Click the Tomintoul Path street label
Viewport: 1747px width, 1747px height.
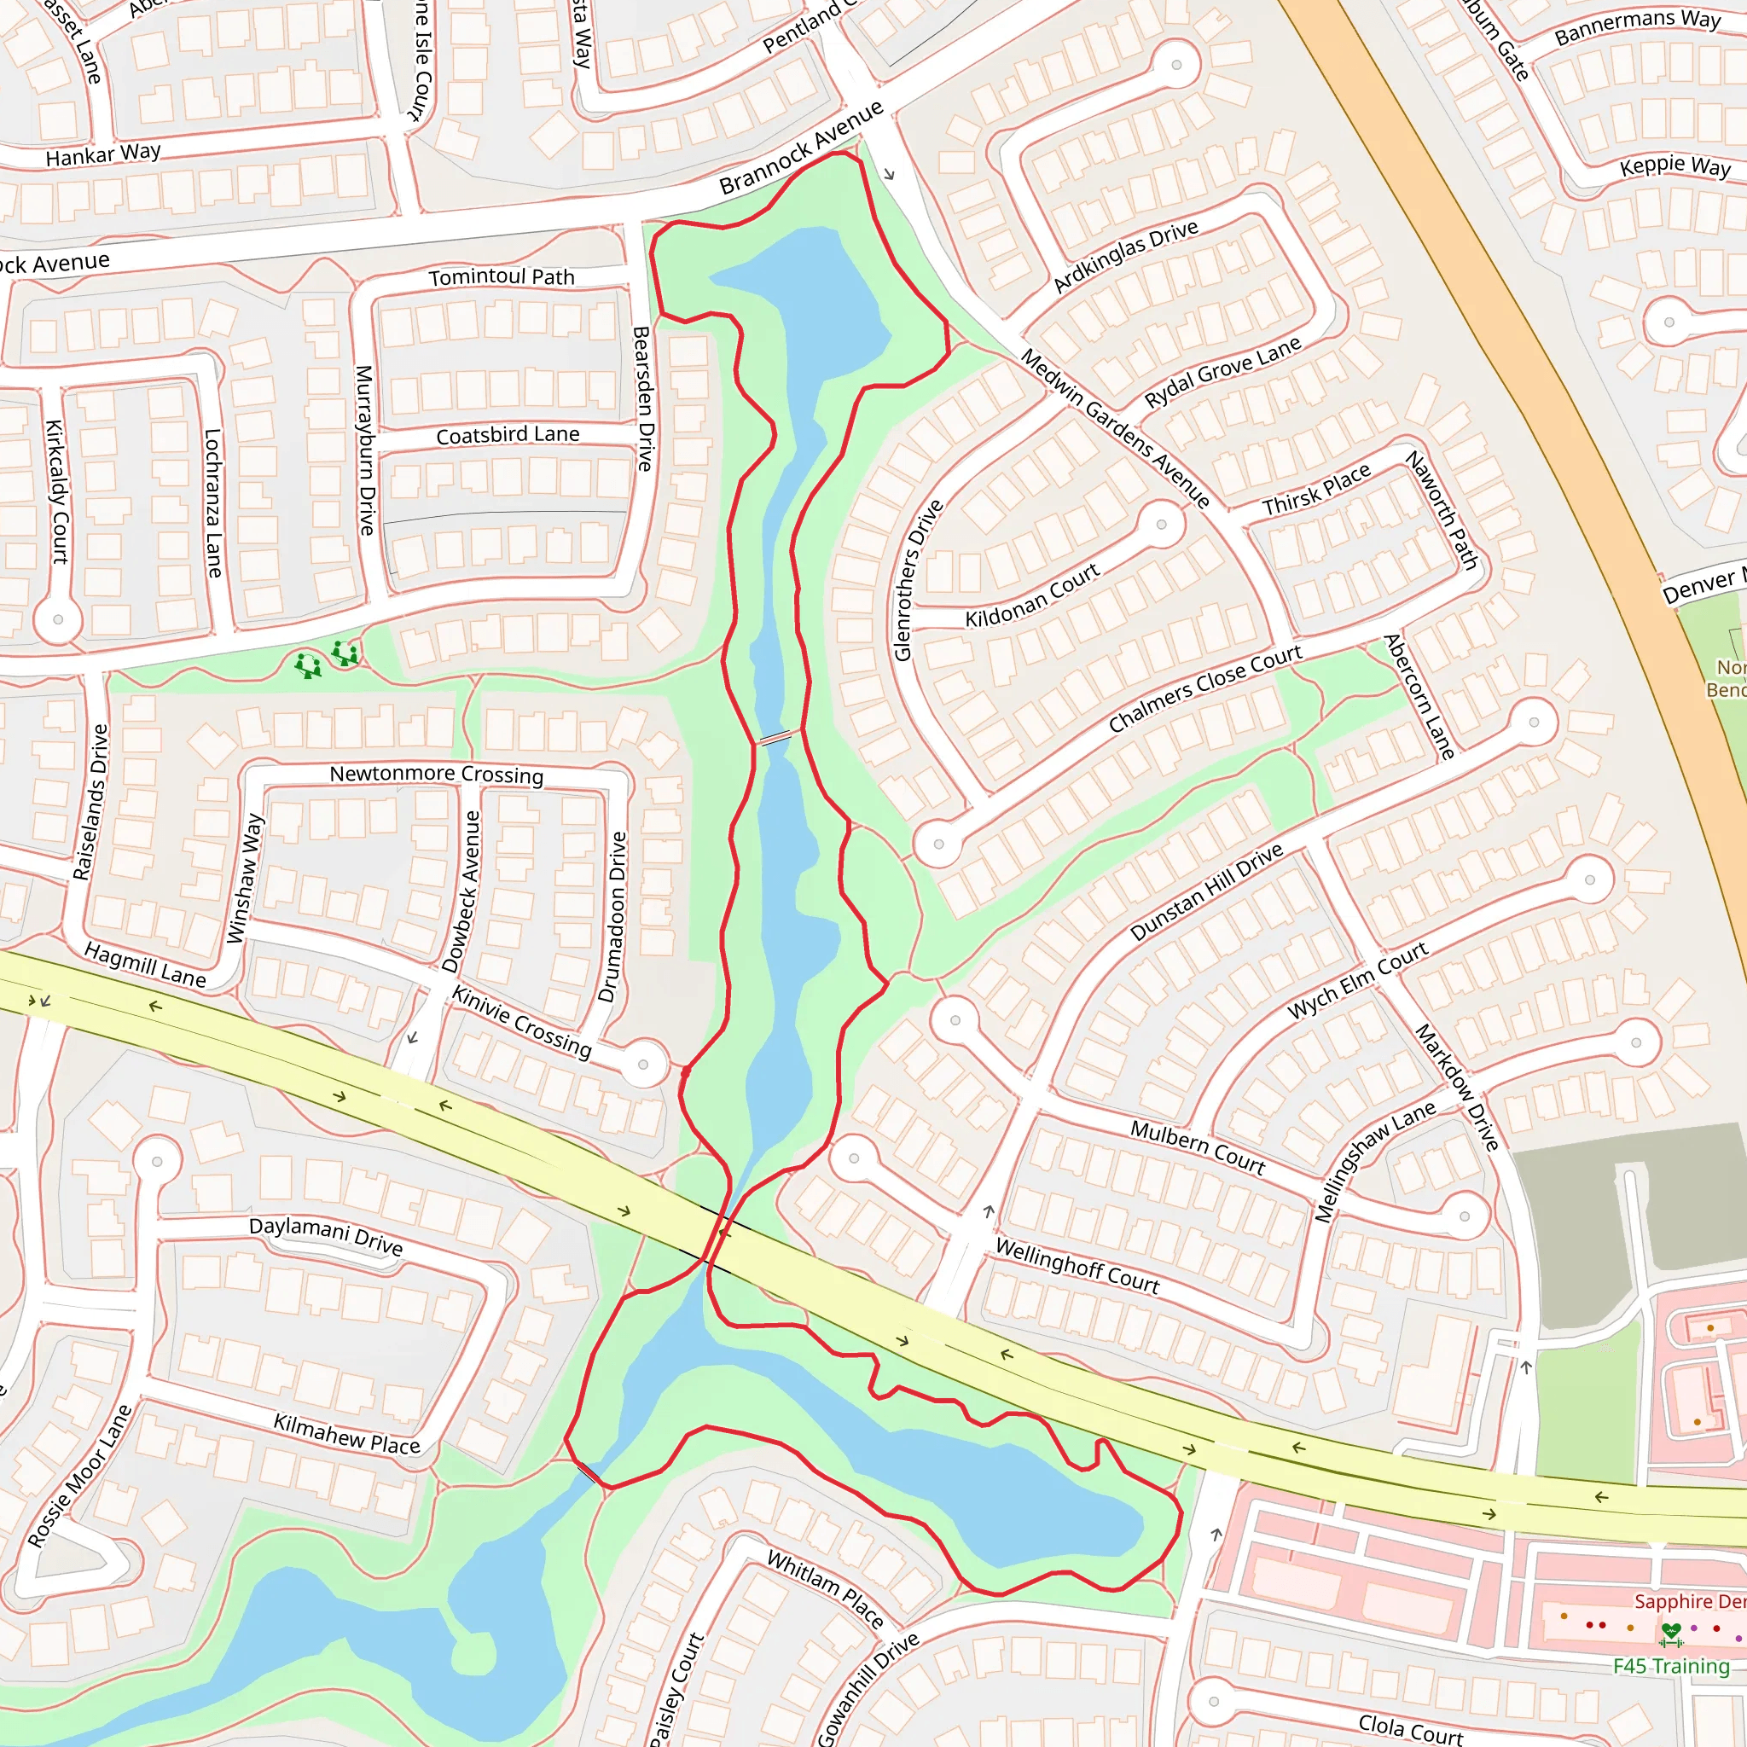coord(502,276)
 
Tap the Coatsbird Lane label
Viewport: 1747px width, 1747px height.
coord(508,435)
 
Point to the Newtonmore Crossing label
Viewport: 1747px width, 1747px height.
coord(436,774)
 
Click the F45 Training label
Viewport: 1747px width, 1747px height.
coord(1671,1666)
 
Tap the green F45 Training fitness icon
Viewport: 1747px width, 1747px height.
coord(1671,1634)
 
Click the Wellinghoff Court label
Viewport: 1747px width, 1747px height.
coord(1077,1266)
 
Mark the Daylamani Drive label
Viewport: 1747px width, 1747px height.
coord(326,1236)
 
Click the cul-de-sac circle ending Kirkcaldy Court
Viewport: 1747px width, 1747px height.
coord(58,619)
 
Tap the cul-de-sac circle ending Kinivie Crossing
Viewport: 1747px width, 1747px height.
coord(643,1065)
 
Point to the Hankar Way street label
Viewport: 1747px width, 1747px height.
coord(103,154)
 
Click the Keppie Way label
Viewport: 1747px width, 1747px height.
coord(1674,166)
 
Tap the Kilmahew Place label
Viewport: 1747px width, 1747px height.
coord(346,1434)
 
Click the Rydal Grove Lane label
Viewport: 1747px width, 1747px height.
coord(1222,372)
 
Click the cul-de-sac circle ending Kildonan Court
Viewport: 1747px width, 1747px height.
coord(1161,525)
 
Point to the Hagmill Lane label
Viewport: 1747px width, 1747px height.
coord(145,964)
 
